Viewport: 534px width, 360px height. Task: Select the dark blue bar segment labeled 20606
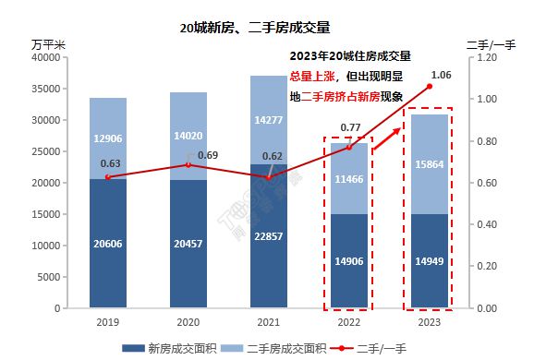point(107,244)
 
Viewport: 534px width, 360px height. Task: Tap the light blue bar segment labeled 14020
point(188,135)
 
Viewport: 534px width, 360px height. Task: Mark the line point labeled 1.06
point(429,87)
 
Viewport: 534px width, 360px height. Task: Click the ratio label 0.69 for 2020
point(209,153)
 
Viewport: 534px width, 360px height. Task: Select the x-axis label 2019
point(107,323)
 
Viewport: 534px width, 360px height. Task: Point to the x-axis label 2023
point(429,323)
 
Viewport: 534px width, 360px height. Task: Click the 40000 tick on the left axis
point(45,57)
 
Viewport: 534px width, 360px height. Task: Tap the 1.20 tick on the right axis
point(486,57)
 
